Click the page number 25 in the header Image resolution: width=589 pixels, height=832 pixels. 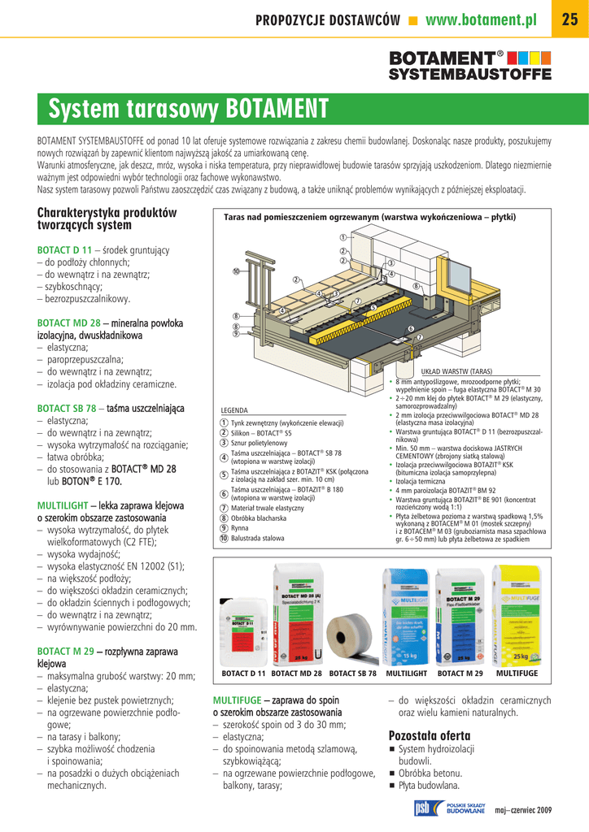tap(569, 20)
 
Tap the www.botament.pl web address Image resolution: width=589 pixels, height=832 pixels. tap(481, 20)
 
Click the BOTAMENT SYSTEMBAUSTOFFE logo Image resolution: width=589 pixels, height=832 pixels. tap(469, 65)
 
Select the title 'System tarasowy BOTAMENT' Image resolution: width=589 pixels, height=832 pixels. tap(189, 108)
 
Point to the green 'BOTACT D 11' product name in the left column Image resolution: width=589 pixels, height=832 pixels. tap(65, 249)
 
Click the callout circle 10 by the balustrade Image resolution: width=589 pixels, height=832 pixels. tap(236, 272)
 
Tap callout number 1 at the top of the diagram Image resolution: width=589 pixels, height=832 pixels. tap(343, 237)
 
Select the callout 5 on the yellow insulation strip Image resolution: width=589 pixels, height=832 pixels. tap(373, 308)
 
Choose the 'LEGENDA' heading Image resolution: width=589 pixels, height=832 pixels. tap(234, 411)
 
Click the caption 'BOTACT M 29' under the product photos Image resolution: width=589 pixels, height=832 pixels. tap(460, 674)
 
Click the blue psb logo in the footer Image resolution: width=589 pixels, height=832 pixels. tap(422, 808)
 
